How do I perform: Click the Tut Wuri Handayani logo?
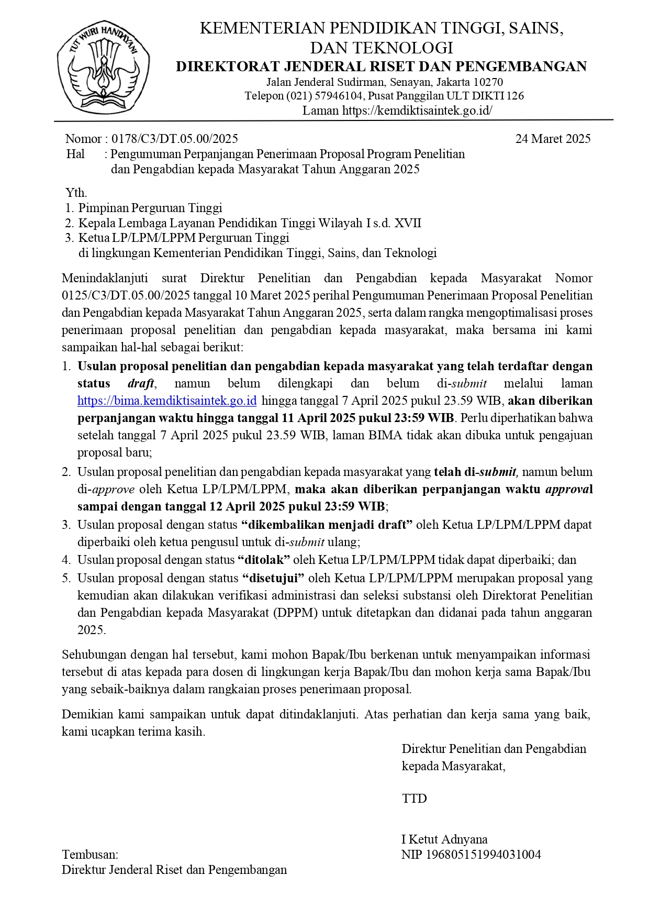point(103,67)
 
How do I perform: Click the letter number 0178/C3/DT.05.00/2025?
point(174,139)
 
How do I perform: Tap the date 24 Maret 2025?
point(553,139)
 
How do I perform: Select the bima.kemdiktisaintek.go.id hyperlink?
point(167,401)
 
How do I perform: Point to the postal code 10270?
point(488,82)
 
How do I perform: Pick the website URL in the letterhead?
point(417,110)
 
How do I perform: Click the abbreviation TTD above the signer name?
point(415,799)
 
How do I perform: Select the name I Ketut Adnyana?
point(444,839)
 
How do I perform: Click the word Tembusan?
point(90,855)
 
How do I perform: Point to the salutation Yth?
point(76,192)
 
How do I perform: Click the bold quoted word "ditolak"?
point(264,560)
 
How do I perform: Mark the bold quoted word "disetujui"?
point(273,578)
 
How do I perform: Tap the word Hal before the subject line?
point(75,154)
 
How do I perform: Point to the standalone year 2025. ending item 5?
point(92,630)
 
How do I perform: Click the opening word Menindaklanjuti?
point(105,278)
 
